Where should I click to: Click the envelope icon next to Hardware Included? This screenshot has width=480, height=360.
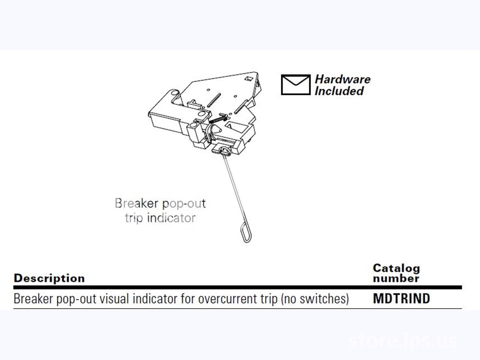pyautogui.click(x=295, y=85)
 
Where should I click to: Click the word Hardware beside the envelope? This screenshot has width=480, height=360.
pyautogui.click(x=343, y=79)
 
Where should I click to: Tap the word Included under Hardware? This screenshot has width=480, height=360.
pyautogui.click(x=339, y=91)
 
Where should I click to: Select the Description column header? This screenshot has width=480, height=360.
pyautogui.click(x=49, y=278)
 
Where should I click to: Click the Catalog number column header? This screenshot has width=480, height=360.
pyautogui.click(x=396, y=273)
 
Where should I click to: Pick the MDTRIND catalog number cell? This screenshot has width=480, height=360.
pyautogui.click(x=402, y=298)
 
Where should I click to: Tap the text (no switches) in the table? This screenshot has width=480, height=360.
pyautogui.click(x=315, y=299)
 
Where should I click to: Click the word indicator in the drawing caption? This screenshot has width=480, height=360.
pyautogui.click(x=171, y=218)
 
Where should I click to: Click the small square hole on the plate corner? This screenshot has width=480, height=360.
pyautogui.click(x=248, y=78)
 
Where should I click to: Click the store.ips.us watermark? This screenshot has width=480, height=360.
pyautogui.click(x=403, y=340)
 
